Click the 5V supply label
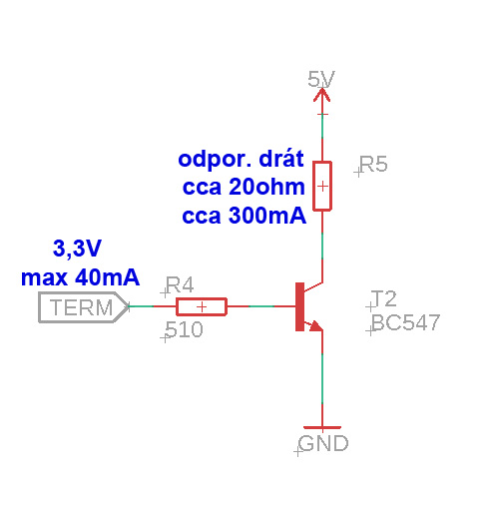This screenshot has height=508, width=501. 321,79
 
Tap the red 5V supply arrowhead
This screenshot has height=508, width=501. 322,94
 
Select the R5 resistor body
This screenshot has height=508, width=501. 322,187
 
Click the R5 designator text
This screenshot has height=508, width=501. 373,165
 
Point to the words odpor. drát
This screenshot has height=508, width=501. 241,159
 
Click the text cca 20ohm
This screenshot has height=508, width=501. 244,187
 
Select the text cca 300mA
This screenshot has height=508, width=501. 244,216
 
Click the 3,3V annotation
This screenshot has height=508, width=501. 77,249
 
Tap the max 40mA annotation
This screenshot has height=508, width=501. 80,277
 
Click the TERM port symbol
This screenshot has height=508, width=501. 84,307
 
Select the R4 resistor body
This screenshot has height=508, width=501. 202,306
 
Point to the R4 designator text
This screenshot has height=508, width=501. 180,285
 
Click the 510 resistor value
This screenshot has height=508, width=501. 184,329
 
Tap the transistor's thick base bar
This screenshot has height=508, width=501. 299,306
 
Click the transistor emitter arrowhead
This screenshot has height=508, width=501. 315,325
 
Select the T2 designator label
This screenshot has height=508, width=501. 384,298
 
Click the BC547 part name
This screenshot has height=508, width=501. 405,322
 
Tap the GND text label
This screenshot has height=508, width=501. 323,443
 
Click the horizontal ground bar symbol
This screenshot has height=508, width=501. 322,427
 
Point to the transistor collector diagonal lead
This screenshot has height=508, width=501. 313,287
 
